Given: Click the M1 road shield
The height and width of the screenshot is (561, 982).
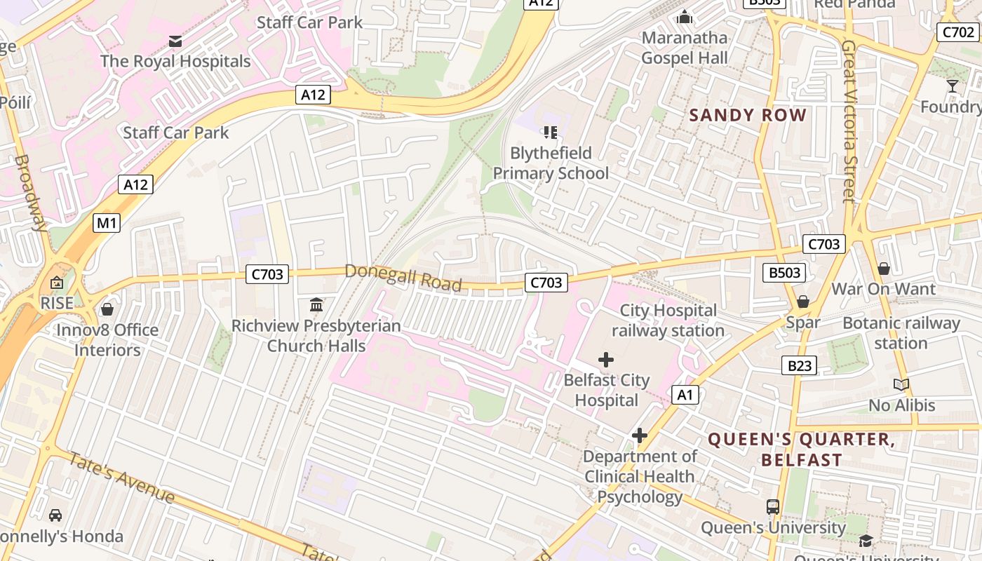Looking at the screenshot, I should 107,224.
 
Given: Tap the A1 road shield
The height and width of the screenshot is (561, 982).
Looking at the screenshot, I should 685,395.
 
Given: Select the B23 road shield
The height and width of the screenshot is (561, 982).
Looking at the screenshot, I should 799,365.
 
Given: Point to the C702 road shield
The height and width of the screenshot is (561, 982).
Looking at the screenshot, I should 957,32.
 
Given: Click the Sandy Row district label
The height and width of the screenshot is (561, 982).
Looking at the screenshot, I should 748,116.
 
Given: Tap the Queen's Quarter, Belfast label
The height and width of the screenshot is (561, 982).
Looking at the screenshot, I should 801,450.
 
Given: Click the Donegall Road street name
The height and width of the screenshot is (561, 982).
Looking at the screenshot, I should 403,278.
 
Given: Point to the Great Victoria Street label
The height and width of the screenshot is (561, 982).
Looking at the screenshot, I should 849,121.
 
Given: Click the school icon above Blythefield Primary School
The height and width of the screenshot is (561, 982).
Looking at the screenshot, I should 550,132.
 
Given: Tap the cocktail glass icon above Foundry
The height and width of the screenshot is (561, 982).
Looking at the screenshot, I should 952,86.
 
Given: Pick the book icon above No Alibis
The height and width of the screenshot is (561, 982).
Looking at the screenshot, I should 901,384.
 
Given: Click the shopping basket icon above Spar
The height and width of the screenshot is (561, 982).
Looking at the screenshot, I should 803,302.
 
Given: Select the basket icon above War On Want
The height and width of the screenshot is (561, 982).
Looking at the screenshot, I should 884,269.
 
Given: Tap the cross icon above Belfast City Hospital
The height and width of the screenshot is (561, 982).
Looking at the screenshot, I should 606,360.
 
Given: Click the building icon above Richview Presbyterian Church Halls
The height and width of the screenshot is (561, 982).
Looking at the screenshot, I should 316,305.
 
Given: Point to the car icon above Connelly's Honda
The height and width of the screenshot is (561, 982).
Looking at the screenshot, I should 55,515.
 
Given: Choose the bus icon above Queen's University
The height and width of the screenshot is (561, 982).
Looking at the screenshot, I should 773,506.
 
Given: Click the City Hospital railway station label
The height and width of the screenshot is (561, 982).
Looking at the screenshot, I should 668,320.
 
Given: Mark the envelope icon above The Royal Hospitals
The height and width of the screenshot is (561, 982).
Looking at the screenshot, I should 175,41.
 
